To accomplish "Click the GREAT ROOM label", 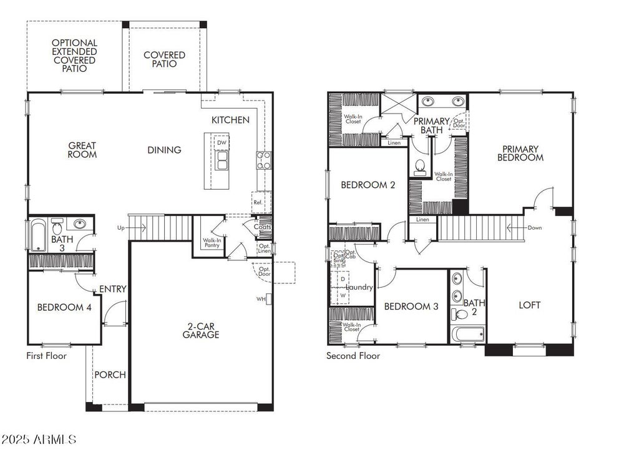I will coord(82,150).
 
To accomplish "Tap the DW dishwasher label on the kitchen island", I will coord(221,143).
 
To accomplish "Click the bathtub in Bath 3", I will coord(37,234).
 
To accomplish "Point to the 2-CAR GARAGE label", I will coord(200,330).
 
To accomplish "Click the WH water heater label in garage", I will coord(261,299).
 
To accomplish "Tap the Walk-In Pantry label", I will coord(210,242).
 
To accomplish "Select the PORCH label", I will coord(110,374).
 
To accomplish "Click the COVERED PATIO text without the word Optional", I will coord(164,59).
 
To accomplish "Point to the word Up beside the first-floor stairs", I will coord(120,228).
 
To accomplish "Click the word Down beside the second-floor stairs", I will coord(534,228).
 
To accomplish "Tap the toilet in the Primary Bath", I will coord(421,166).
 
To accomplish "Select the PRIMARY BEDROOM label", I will coord(520,153).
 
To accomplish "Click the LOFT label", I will coord(530,305).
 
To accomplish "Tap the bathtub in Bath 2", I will coord(468,335).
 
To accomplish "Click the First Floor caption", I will coord(46,356).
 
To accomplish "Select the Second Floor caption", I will coord(353,356).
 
